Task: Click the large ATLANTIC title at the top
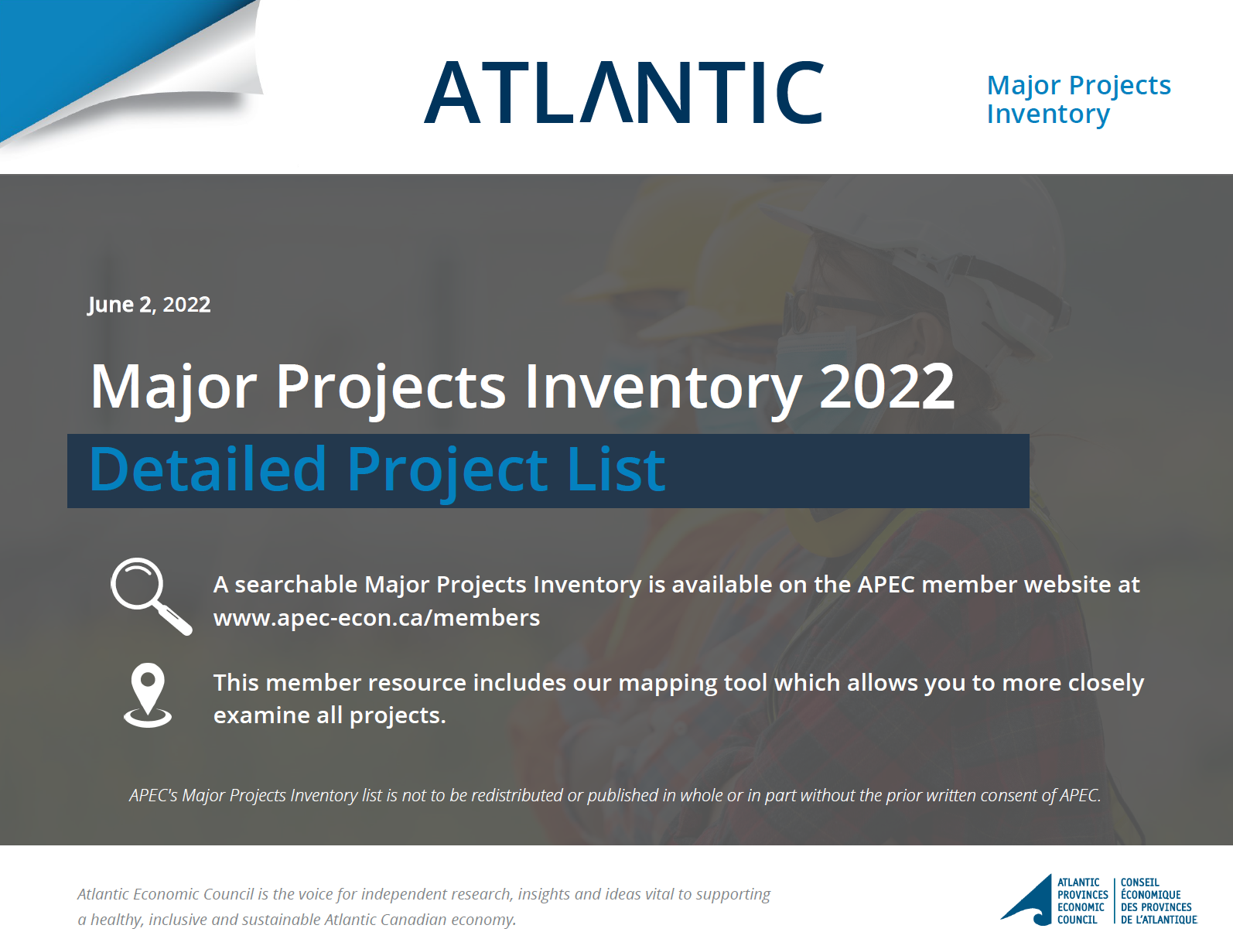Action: tap(623, 92)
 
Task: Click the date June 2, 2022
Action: tap(149, 304)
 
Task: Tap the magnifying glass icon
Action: tap(151, 596)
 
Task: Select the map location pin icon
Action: tap(148, 695)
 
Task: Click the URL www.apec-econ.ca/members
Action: tap(377, 618)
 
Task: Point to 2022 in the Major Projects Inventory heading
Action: tap(887, 386)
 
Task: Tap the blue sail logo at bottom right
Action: tap(1026, 900)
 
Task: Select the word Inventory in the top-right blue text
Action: tap(1048, 114)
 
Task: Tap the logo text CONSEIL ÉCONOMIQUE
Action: tap(1150, 888)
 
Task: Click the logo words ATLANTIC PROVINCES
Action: tap(1082, 888)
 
